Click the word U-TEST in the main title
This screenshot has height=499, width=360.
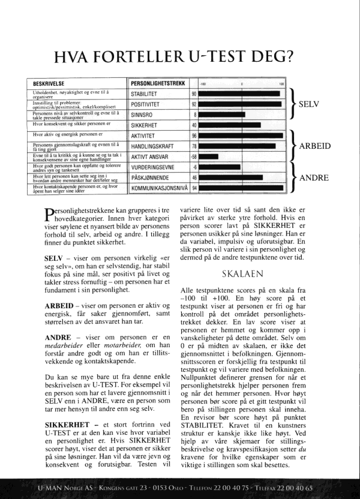(x=221, y=57)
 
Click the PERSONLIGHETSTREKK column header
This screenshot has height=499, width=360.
(x=157, y=83)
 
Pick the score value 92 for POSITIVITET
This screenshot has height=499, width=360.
(x=194, y=104)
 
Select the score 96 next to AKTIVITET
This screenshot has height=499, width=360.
(x=194, y=136)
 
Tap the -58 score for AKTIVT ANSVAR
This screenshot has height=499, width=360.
(x=193, y=157)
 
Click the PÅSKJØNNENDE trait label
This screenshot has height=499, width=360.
(x=151, y=178)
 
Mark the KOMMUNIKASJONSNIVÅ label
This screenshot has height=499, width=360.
(x=160, y=188)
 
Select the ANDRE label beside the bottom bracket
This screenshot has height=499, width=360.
(x=313, y=178)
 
